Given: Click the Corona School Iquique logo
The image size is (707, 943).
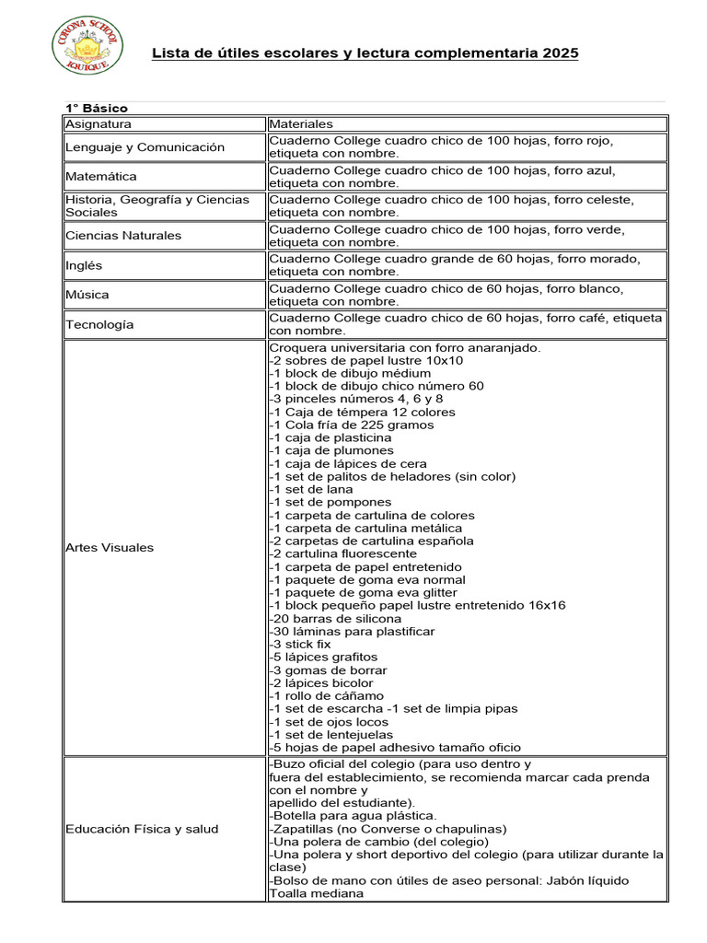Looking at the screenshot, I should (84, 46).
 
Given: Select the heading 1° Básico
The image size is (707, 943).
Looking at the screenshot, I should (96, 109).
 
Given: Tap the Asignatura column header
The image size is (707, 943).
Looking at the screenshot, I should (99, 123).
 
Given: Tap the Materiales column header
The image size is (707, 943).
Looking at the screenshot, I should (301, 123).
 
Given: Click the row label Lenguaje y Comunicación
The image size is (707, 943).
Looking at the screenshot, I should (145, 147).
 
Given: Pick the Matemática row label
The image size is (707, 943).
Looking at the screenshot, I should (100, 176).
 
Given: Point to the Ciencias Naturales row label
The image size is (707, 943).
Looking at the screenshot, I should (123, 236).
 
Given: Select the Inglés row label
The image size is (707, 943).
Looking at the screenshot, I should (84, 265).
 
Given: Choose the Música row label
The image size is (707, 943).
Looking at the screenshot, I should (87, 295).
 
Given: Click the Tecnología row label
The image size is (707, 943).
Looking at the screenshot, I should (99, 324).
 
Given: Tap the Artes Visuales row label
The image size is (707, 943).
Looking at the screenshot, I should (110, 548).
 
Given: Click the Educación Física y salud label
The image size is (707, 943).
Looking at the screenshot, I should (142, 829).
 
